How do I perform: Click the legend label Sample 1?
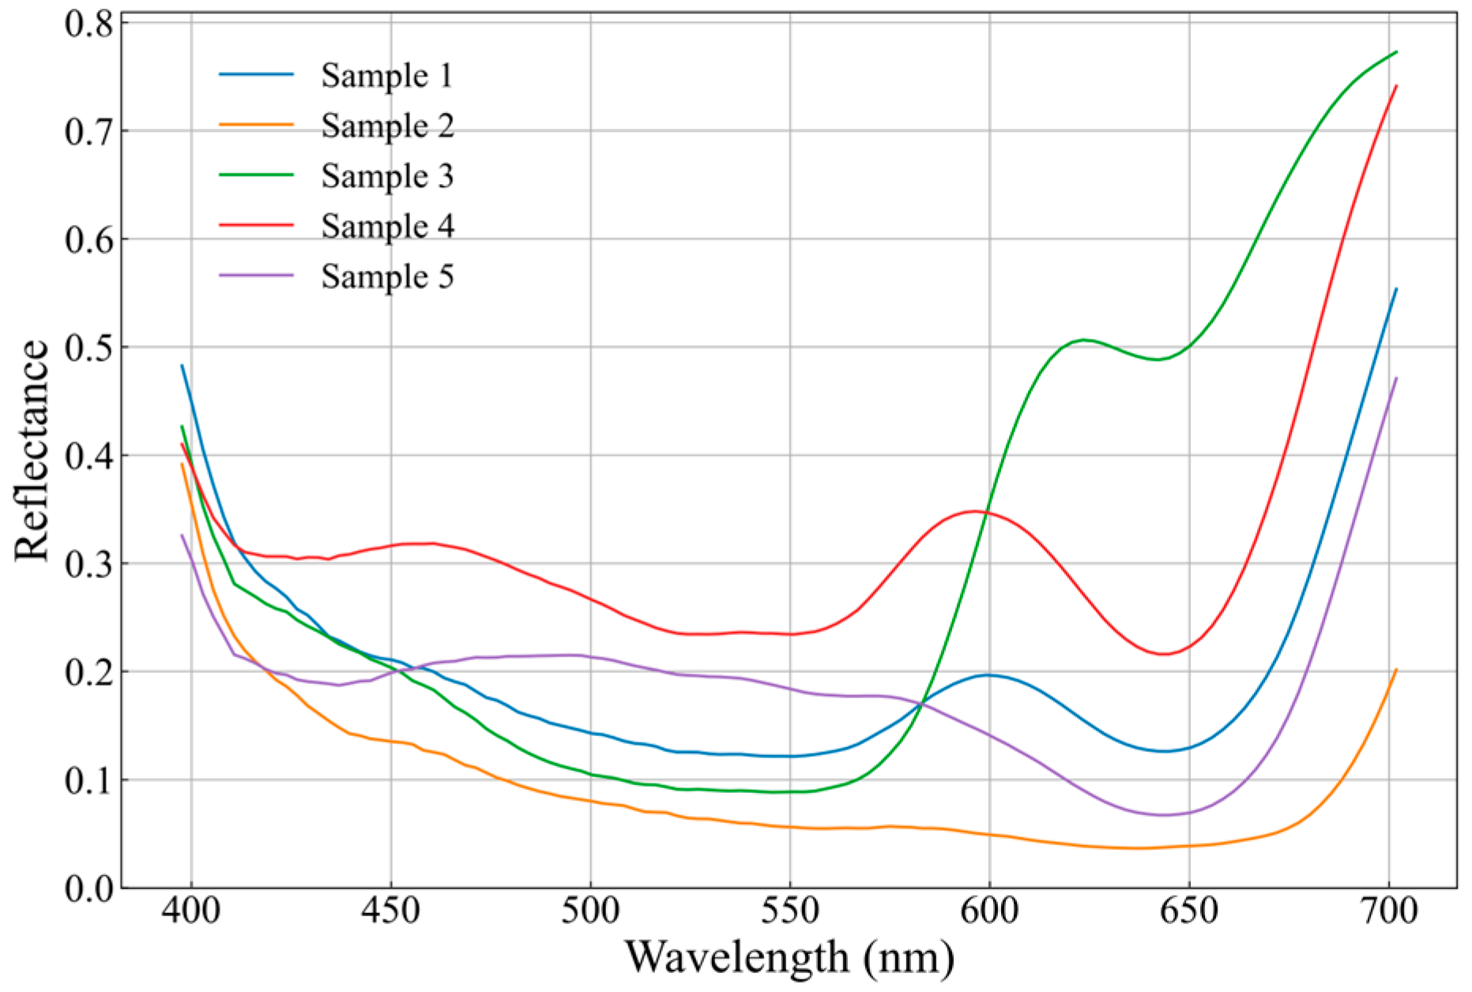pos(386,76)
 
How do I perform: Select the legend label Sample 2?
pos(386,126)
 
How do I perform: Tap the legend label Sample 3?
pos(386,176)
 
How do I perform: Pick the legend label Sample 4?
pos(386,227)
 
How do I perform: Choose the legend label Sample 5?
pos(386,277)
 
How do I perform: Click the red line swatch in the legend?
pos(256,225)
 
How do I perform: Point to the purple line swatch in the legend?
pos(256,276)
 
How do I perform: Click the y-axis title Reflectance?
pos(32,451)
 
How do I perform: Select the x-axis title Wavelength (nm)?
pos(789,957)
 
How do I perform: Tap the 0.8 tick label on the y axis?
pos(88,24)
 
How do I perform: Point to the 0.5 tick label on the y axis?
pos(88,348)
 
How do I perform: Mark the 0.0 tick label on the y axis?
pos(88,889)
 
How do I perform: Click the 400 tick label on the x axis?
pos(191,911)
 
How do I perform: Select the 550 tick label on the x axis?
pos(789,911)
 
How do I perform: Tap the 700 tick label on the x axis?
pos(1388,911)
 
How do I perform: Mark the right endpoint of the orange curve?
pos(1396,670)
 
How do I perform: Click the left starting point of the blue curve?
pos(183,366)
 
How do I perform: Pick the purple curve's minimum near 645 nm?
pos(1163,815)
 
